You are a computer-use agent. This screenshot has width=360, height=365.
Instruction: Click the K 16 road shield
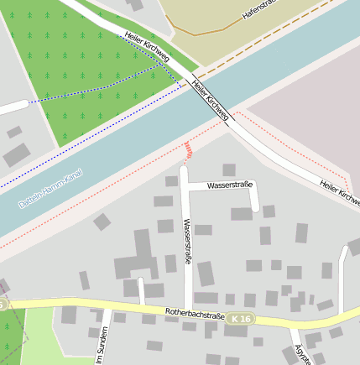(241, 319)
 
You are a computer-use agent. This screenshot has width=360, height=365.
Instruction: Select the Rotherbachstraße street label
(196, 315)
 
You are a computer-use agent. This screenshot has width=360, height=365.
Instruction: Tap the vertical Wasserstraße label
(187, 242)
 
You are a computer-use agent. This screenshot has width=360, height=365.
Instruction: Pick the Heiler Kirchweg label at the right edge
(339, 192)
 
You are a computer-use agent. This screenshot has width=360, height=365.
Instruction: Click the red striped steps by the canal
(189, 150)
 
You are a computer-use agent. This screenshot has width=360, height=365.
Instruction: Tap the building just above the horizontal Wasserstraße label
(229, 170)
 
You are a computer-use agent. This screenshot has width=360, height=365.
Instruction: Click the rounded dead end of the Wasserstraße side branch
(254, 207)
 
